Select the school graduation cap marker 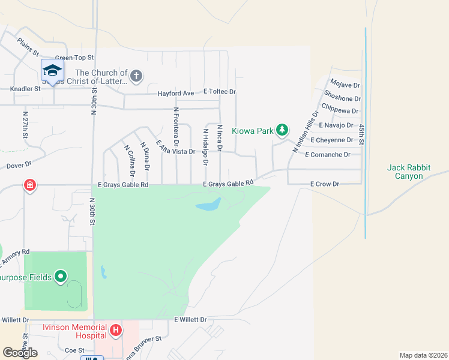click(52, 70)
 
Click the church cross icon click(136, 76)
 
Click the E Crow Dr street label click(325, 184)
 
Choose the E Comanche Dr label click(327, 154)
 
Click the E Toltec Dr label click(220, 92)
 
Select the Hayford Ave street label click(175, 93)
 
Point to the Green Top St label click(76, 58)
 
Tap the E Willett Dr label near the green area click(190, 320)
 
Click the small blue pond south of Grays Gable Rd click(208, 205)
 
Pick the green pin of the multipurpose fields click(60, 277)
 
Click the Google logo click(20, 352)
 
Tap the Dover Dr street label click(19, 164)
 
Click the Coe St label click(74, 350)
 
